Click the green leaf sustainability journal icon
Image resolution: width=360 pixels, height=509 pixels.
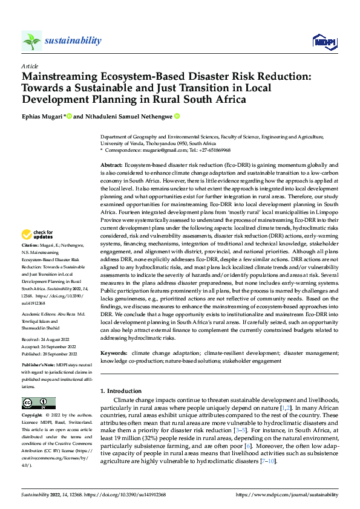click(x=31, y=41)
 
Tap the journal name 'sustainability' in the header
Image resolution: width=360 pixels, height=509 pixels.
click(x=73, y=41)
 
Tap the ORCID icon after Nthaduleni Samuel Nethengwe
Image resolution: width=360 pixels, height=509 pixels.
click(x=177, y=116)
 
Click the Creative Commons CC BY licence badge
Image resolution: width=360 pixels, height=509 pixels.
click(x=38, y=403)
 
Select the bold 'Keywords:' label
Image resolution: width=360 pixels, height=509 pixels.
click(x=114, y=352)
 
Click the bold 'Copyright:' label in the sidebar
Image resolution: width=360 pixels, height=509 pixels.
click(x=33, y=417)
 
